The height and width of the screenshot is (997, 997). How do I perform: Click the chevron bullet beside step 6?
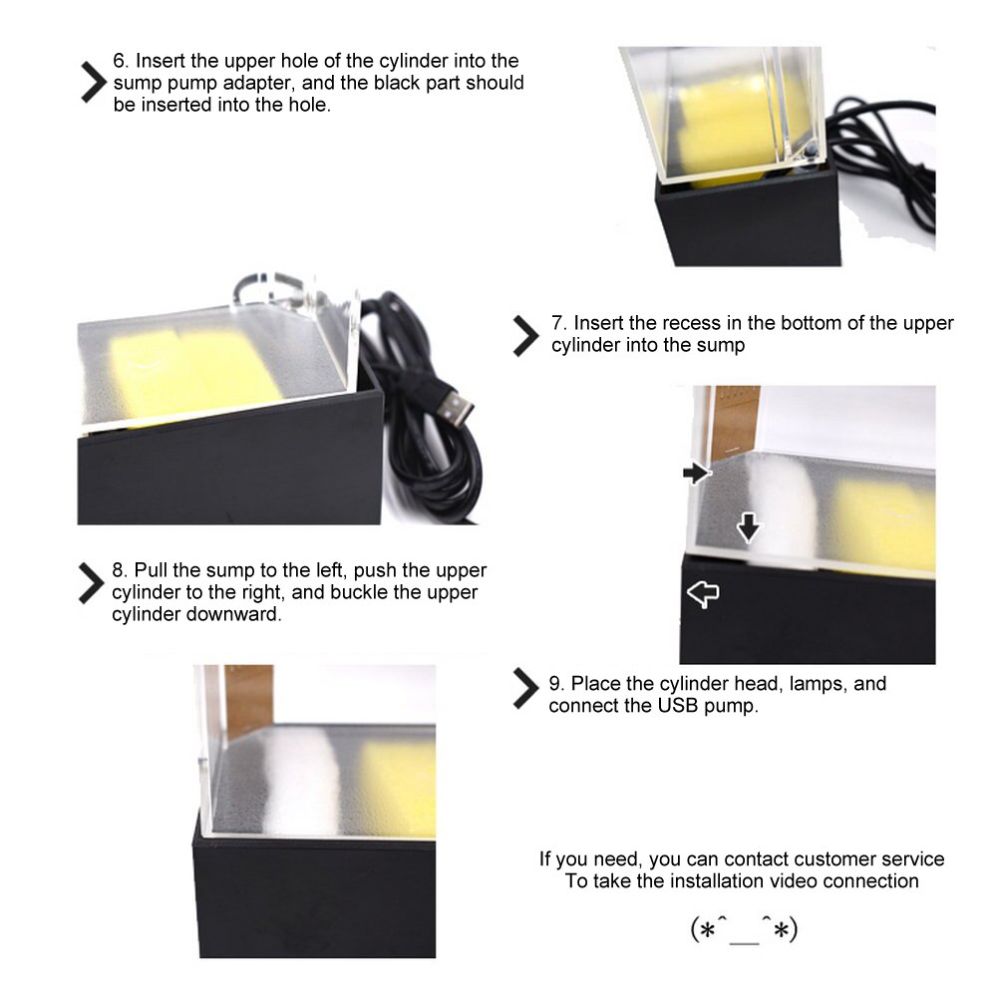tap(94, 82)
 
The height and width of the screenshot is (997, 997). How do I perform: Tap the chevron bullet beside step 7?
tap(525, 336)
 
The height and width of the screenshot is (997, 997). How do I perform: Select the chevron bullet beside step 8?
tap(92, 582)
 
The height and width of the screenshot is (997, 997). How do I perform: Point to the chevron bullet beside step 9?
tap(525, 688)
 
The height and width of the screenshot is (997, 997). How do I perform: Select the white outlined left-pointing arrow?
tap(703, 594)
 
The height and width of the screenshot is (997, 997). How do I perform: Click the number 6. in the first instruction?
tap(121, 61)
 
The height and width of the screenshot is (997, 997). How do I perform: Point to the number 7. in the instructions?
tap(559, 323)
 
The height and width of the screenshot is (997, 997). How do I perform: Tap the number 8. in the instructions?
tap(121, 569)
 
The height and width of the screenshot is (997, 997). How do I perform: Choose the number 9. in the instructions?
tap(557, 684)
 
